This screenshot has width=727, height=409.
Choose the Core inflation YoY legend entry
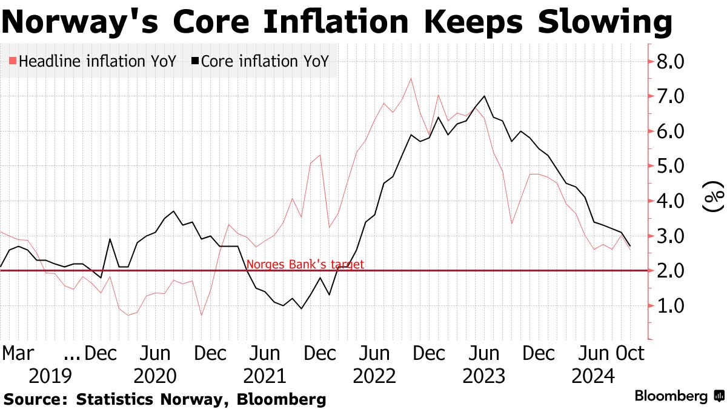pos(261,61)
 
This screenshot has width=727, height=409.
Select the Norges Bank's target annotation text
pos(305,264)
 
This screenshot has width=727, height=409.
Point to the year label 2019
pos(50,376)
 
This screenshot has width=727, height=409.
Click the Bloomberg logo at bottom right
pos(679,397)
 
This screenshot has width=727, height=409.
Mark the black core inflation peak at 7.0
pos(484,96)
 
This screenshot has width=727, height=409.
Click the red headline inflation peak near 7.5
pos(411,78)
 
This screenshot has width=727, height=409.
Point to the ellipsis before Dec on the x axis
pos(71,353)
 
